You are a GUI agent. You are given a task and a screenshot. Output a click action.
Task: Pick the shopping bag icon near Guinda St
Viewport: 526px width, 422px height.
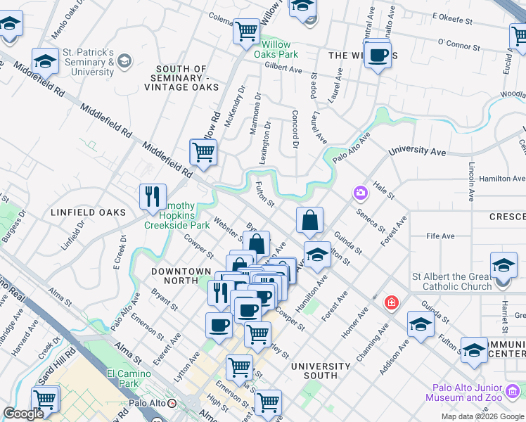(x=309, y=221)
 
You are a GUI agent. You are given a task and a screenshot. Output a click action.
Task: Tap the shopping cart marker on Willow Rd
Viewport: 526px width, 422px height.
(x=203, y=151)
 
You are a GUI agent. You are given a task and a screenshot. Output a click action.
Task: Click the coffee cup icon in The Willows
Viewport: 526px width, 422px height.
(x=378, y=54)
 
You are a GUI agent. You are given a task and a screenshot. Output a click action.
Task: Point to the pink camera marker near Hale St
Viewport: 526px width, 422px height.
(x=360, y=192)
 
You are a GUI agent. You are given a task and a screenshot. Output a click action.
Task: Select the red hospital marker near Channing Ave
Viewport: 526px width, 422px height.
(x=391, y=303)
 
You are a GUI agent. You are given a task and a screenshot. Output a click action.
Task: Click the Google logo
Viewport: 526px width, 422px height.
(x=23, y=414)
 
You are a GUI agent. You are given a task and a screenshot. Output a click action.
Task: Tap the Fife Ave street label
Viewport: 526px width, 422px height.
(x=440, y=237)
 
